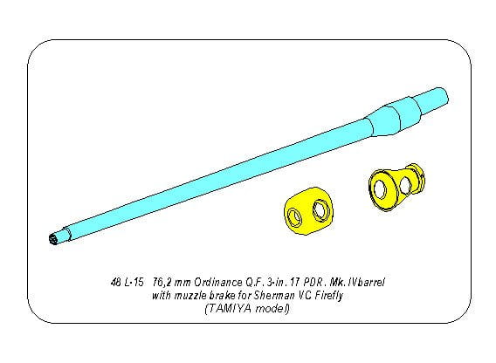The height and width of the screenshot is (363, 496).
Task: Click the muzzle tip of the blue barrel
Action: tap(53, 239)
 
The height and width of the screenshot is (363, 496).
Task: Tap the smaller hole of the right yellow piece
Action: tap(406, 185)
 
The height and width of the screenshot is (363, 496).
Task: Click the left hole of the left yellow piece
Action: tap(295, 217)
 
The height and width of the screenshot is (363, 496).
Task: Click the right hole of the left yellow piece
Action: tap(320, 210)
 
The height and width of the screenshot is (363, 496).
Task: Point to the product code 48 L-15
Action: tap(127, 282)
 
